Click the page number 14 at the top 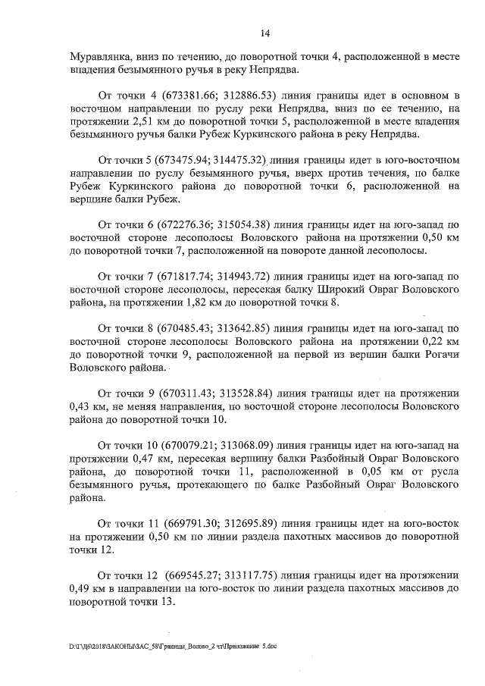(x=265, y=33)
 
